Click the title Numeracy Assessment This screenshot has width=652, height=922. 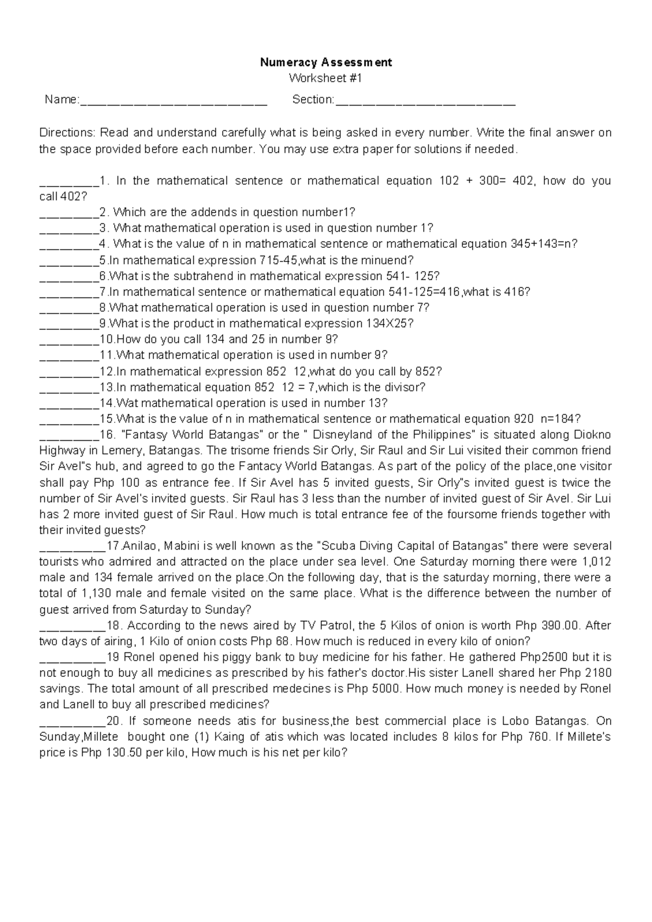326,62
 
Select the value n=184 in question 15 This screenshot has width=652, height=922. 560,419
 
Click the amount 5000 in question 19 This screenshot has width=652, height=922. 386,689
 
